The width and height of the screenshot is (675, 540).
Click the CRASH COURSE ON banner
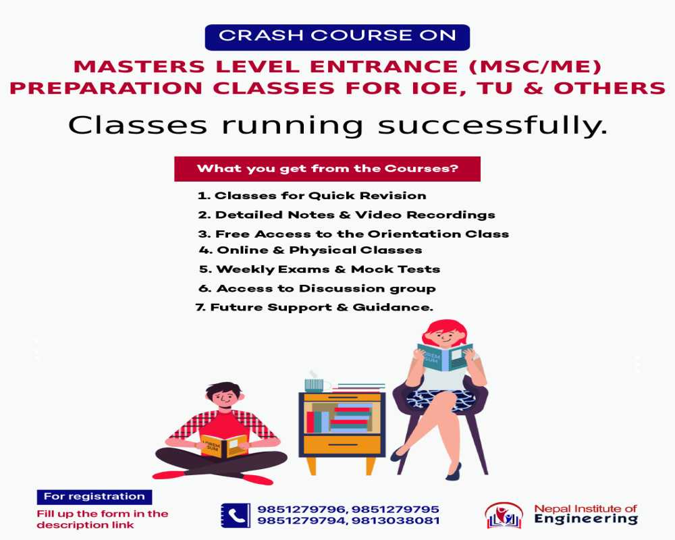click(337, 38)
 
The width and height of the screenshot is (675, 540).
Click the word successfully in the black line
click(493, 126)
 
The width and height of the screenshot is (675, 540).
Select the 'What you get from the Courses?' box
click(327, 169)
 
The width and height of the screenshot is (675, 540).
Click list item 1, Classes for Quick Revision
click(312, 196)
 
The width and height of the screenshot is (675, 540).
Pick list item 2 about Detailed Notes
click(346, 215)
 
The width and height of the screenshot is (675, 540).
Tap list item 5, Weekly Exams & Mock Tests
click(319, 269)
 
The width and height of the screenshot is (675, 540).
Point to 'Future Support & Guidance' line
click(315, 308)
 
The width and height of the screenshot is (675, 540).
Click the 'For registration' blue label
click(94, 497)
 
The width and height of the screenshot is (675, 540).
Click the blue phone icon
click(236, 516)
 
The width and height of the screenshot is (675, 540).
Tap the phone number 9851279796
click(302, 510)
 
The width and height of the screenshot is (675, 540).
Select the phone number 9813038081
click(396, 520)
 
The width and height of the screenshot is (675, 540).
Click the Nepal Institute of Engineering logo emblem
click(504, 515)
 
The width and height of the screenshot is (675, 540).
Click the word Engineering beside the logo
click(586, 519)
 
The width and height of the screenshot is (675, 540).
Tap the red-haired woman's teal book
click(445, 356)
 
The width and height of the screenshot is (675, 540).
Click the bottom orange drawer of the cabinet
click(342, 445)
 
